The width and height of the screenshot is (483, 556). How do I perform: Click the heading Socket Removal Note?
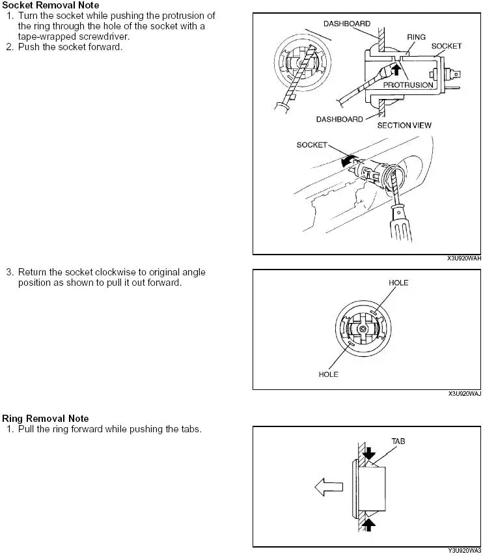(x=51, y=5)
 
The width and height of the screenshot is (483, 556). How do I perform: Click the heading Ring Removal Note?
(x=46, y=419)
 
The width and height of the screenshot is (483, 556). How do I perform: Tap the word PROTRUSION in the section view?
(x=408, y=85)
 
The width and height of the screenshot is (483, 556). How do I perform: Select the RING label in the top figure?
(x=416, y=38)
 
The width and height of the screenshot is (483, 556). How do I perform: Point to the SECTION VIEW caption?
(x=404, y=125)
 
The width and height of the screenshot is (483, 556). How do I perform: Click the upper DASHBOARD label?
(x=347, y=23)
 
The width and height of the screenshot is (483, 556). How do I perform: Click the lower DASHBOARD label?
(x=339, y=119)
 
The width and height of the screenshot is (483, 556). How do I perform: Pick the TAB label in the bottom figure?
(x=398, y=441)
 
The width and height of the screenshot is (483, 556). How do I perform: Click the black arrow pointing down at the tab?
(x=370, y=454)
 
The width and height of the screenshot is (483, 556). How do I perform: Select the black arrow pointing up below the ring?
(x=370, y=523)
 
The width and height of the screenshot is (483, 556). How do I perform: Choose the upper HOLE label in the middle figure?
(x=398, y=283)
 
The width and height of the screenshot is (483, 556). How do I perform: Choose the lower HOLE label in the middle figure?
(x=328, y=374)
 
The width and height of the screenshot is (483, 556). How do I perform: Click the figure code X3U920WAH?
(x=464, y=258)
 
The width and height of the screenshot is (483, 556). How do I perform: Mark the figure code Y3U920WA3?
(x=464, y=551)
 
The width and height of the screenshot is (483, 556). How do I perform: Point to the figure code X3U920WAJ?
(x=464, y=394)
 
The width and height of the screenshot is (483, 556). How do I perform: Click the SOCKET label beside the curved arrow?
(x=312, y=145)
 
